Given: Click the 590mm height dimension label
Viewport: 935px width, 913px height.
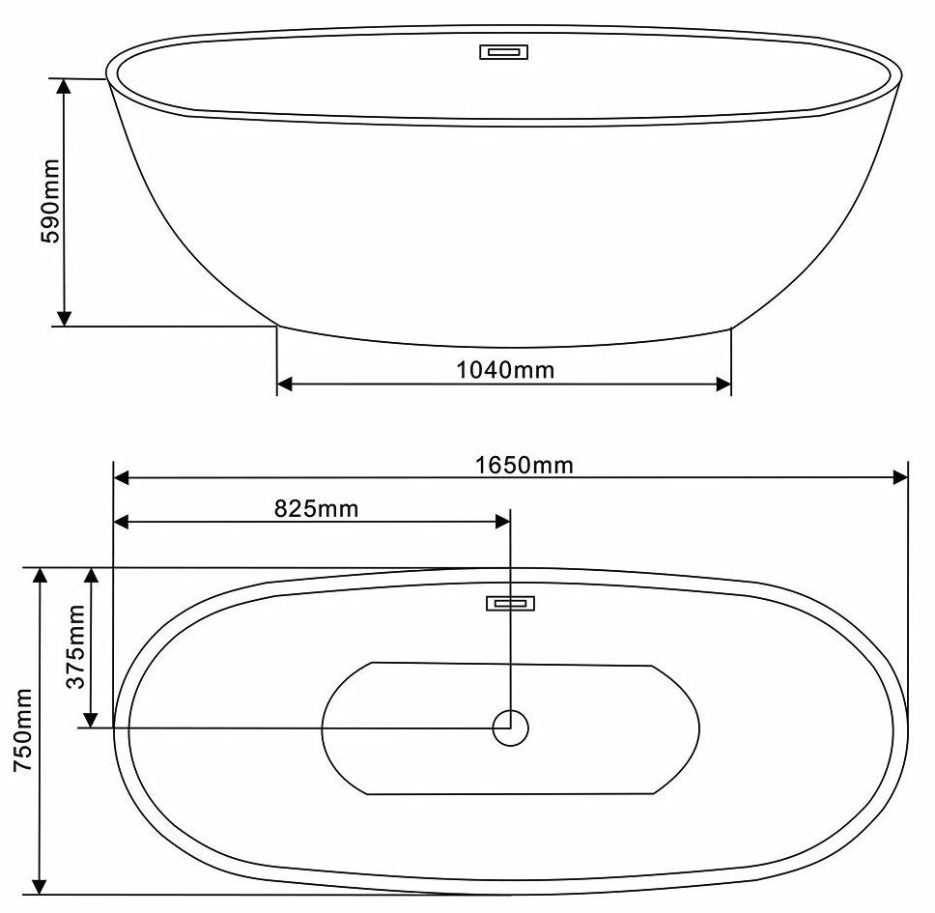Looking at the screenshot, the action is point(50,201).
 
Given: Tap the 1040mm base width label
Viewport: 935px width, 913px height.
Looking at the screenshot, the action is point(506,370).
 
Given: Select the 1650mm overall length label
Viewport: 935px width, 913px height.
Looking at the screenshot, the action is point(524,465).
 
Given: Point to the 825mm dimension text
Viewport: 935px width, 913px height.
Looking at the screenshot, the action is point(316,509).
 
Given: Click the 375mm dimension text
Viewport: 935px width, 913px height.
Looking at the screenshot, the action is point(75,646).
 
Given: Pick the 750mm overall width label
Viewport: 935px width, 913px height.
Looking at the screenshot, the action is point(23,730).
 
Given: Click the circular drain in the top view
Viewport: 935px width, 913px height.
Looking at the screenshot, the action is point(510,728).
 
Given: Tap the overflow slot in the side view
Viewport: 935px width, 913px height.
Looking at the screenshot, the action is point(504,52).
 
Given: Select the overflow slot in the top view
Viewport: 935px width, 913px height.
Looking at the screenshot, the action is point(510,604).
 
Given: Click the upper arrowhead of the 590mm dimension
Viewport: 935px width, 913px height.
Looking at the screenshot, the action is point(64,87).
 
